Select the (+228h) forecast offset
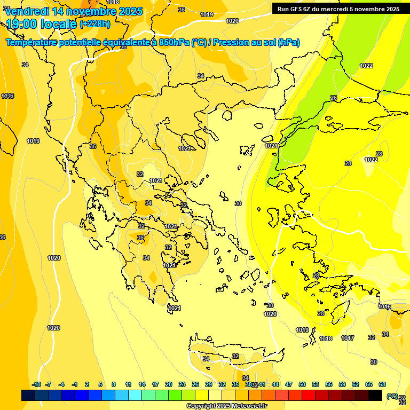[x=95, y=23]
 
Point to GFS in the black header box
[x=296, y=9]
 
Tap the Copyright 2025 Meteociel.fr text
[x=226, y=406]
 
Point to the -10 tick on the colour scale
[x=36, y=384]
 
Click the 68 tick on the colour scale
[x=382, y=384]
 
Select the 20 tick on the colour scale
[x=169, y=384]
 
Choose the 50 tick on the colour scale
[x=302, y=384]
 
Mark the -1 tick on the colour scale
[x=75, y=384]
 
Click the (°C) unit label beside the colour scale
[x=392, y=396]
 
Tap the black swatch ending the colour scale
[x=375, y=396]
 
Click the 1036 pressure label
[x=7, y=96]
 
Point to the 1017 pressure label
[x=348, y=338]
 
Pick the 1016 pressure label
[x=384, y=306]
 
